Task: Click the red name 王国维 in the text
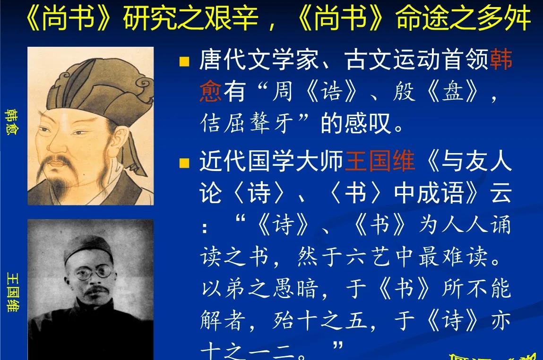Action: pos(380,162)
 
